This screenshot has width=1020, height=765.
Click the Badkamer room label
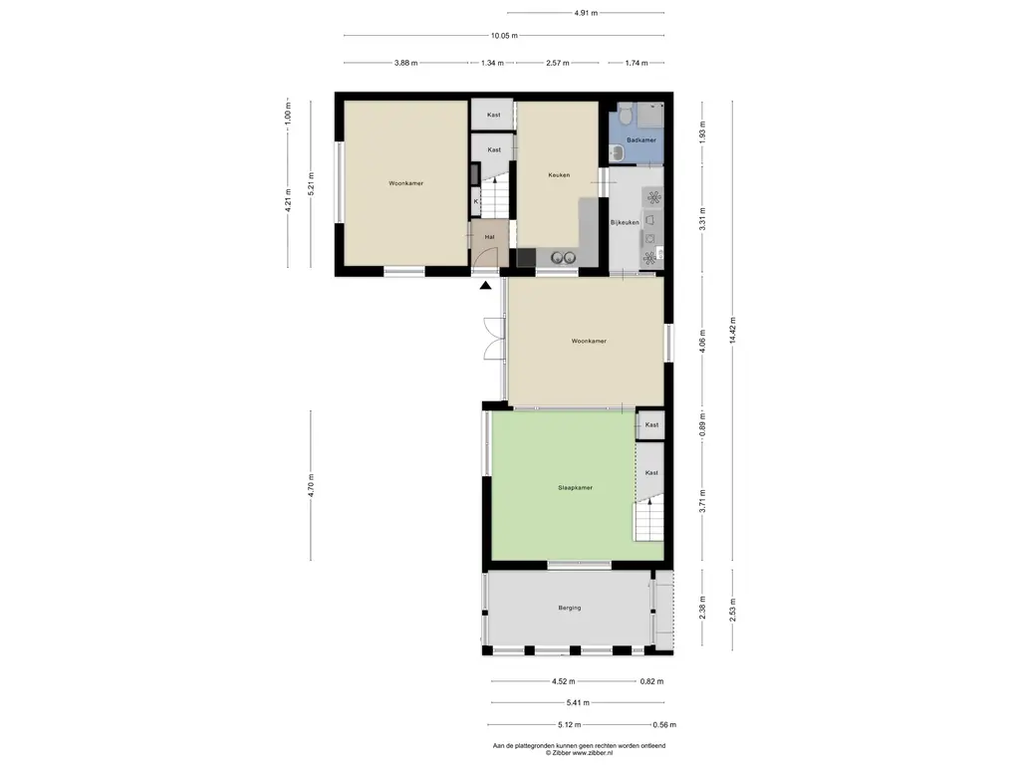click(640, 139)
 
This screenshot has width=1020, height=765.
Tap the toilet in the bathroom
click(626, 116)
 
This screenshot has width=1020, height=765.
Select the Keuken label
click(559, 175)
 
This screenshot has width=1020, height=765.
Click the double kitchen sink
click(564, 258)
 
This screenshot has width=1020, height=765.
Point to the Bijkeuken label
click(624, 222)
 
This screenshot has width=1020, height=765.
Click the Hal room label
click(489, 237)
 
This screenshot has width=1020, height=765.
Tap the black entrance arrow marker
click(485, 284)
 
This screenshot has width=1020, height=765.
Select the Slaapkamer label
click(575, 487)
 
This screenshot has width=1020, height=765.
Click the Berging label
click(569, 609)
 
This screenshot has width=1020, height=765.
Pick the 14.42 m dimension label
click(732, 331)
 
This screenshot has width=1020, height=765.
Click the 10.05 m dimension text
click(504, 36)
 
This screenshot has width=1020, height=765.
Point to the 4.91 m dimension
click(586, 12)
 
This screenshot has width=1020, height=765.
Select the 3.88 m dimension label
click(406, 63)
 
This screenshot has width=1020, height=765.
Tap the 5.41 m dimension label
click(578, 702)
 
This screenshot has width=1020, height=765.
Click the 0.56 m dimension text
click(664, 725)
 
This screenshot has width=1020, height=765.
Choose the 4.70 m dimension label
click(311, 485)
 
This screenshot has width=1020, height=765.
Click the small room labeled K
click(476, 201)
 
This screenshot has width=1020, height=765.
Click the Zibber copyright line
click(579, 753)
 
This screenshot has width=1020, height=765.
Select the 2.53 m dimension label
click(732, 611)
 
